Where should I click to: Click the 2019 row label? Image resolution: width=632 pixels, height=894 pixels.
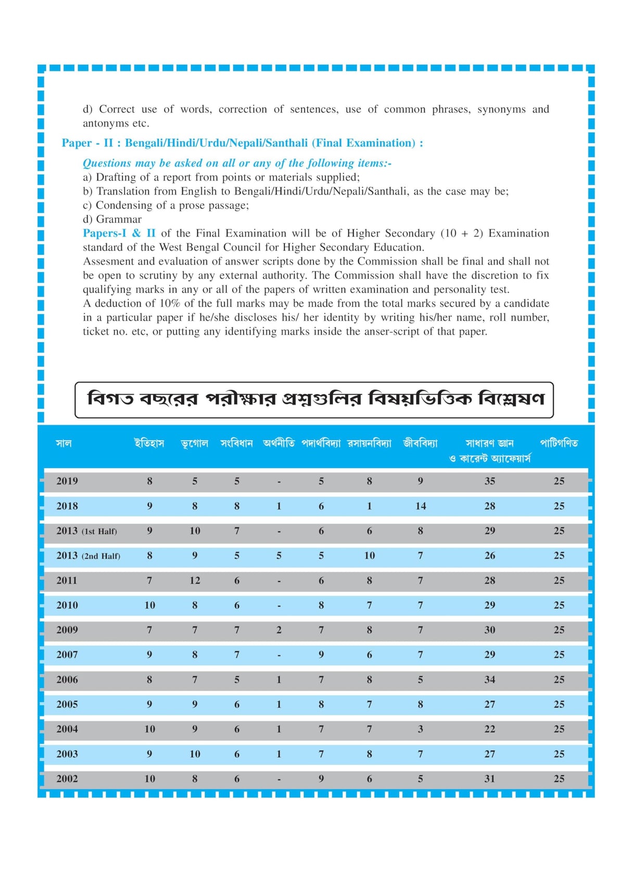67,481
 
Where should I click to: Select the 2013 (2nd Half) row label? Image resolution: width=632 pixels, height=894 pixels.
88,556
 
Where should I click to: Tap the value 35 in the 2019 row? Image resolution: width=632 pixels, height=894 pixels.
489,481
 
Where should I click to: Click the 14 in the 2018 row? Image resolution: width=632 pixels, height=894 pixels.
421,506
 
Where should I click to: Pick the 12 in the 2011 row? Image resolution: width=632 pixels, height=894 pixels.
195,581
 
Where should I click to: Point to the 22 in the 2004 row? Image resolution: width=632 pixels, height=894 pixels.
489,730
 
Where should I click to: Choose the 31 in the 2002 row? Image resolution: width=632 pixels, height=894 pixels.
489,779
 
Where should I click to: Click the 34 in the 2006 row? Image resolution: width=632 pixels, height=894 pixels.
489,680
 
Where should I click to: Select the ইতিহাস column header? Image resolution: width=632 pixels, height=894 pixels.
149,443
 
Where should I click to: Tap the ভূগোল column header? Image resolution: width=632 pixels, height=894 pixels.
195,444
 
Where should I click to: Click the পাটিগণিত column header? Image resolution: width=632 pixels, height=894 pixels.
559,443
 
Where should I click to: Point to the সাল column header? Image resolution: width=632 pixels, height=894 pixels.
64,443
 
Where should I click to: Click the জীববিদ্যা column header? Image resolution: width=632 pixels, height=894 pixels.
420,443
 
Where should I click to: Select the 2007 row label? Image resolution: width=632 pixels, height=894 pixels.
67,655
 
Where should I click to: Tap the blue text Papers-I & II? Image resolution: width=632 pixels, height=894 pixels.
119,233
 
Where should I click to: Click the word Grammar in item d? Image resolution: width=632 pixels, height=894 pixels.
119,219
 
